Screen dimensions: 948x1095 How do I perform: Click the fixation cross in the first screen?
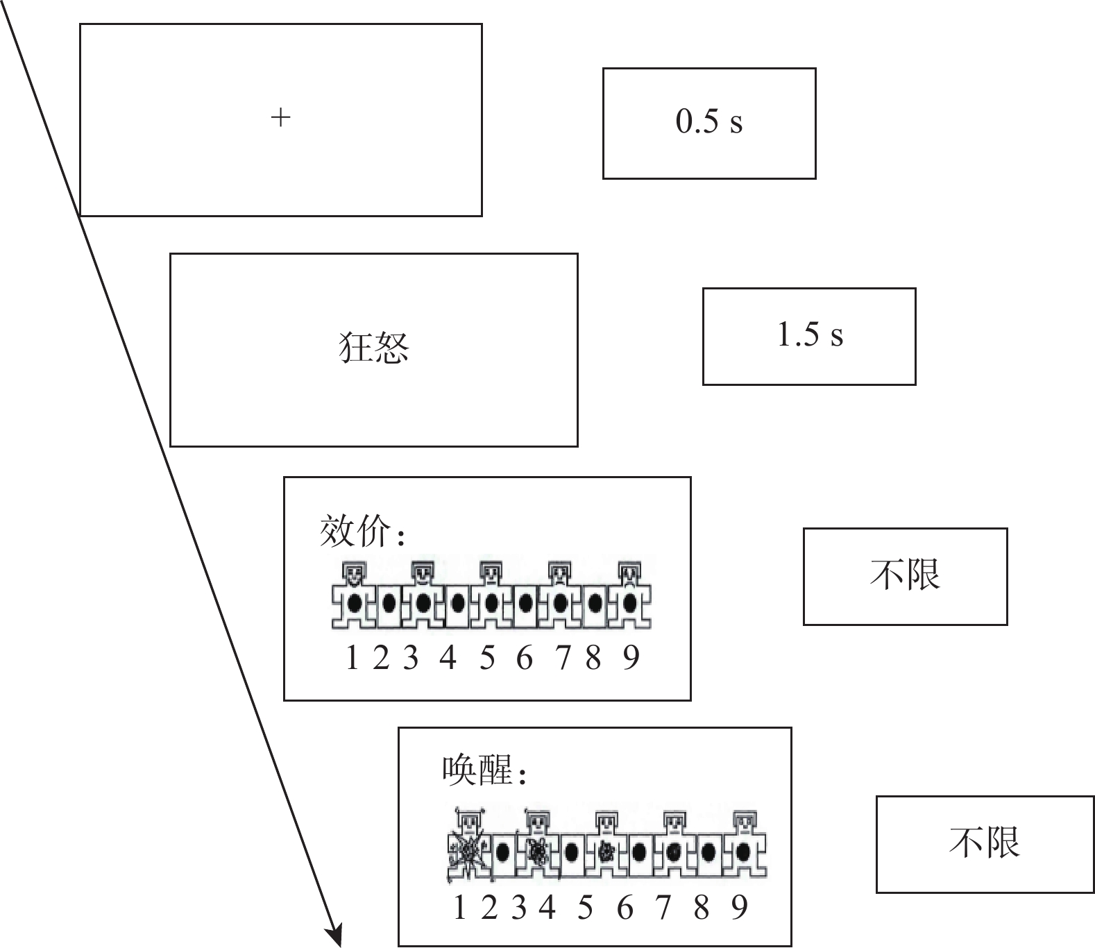tap(280, 118)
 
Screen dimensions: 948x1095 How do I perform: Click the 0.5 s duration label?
tap(709, 122)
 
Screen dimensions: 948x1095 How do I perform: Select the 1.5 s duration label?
tap(810, 335)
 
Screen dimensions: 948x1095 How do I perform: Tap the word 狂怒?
tap(374, 348)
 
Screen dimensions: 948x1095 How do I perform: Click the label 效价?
tap(356, 532)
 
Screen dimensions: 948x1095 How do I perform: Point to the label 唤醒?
tap(479, 771)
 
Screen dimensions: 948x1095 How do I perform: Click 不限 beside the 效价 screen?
tap(905, 575)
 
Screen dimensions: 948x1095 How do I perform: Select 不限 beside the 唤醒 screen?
tap(985, 843)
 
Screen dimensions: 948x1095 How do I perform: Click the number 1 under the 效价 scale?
tap(352, 657)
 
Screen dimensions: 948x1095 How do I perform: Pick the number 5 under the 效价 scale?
tap(487, 657)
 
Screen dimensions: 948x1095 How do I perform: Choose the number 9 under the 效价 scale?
tap(631, 657)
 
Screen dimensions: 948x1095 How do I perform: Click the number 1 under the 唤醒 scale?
tap(459, 908)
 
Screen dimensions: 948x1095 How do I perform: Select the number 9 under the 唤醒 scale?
tap(740, 908)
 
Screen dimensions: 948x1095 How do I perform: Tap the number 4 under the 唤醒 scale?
tap(547, 908)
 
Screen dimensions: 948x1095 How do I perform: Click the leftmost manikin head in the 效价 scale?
tap(355, 573)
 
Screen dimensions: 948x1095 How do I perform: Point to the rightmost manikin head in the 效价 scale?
tap(629, 573)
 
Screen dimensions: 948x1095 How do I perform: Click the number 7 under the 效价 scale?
tap(563, 657)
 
